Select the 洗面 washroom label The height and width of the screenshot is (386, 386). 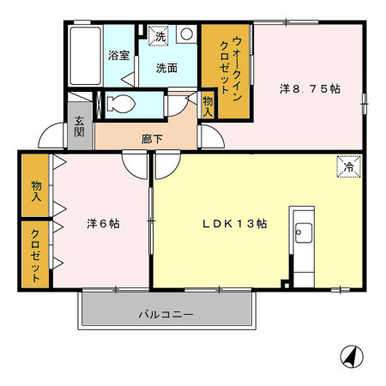(166, 69)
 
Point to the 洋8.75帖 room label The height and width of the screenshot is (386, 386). (311, 87)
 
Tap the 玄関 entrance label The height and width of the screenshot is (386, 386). (79, 127)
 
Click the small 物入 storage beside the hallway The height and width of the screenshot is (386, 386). (208, 105)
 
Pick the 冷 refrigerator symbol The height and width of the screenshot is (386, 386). (347, 166)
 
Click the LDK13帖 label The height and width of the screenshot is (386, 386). (234, 223)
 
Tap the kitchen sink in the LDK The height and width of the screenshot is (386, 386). (303, 232)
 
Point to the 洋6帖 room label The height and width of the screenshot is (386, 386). (102, 223)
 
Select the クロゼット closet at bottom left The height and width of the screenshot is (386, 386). (35, 254)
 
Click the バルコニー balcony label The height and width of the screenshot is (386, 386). (166, 314)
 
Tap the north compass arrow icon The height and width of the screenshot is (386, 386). (350, 355)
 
